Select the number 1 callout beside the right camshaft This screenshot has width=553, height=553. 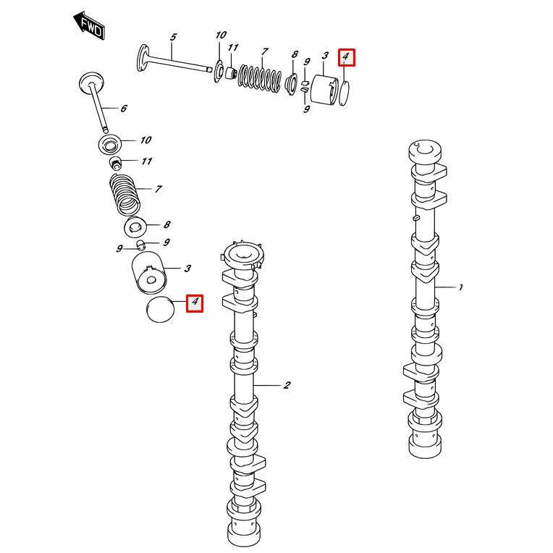point(460,287)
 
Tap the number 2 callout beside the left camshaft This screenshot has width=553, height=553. point(287,385)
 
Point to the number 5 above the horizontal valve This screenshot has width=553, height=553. point(174,37)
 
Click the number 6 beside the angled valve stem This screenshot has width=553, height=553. point(124,109)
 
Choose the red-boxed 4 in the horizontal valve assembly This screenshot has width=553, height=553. point(346,56)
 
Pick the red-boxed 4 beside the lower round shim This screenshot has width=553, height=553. point(195,303)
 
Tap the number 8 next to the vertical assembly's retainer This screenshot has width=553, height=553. point(166,225)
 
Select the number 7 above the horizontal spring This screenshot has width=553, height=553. point(266,51)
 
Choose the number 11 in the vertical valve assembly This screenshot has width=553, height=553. point(147,161)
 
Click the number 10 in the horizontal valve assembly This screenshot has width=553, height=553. point(221,35)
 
